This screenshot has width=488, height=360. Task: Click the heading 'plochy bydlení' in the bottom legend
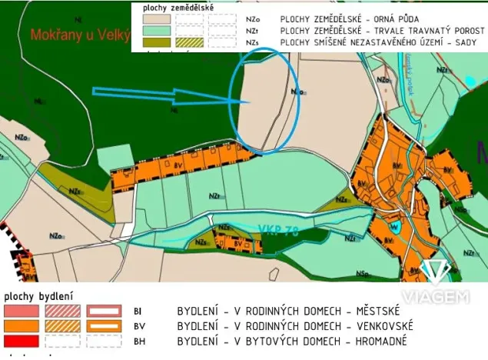coord(38,295)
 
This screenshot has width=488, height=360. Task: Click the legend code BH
coord(140,341)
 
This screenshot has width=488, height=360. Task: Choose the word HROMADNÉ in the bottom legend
coord(377,341)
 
